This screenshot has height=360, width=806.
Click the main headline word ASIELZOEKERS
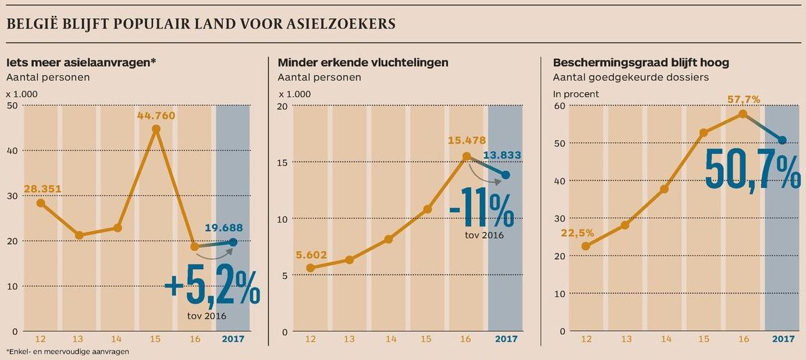[x=340, y=24]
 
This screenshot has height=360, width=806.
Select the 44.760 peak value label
[x=156, y=115]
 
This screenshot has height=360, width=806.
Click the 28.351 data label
[x=42, y=188]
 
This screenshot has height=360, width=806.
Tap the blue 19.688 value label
[x=223, y=228]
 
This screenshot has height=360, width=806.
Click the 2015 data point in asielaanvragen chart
[x=156, y=129]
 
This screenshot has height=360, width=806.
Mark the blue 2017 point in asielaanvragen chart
[x=233, y=241]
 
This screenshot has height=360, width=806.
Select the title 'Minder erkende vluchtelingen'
[x=363, y=62]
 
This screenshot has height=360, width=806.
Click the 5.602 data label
[x=312, y=255]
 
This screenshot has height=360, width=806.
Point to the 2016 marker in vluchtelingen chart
[x=466, y=157]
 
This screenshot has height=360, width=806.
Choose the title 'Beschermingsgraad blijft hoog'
[x=641, y=62]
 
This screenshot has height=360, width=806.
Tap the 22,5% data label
[x=578, y=233]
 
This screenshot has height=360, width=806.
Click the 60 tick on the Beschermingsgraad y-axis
[x=559, y=106]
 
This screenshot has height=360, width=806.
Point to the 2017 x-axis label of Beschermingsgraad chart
[x=783, y=339]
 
